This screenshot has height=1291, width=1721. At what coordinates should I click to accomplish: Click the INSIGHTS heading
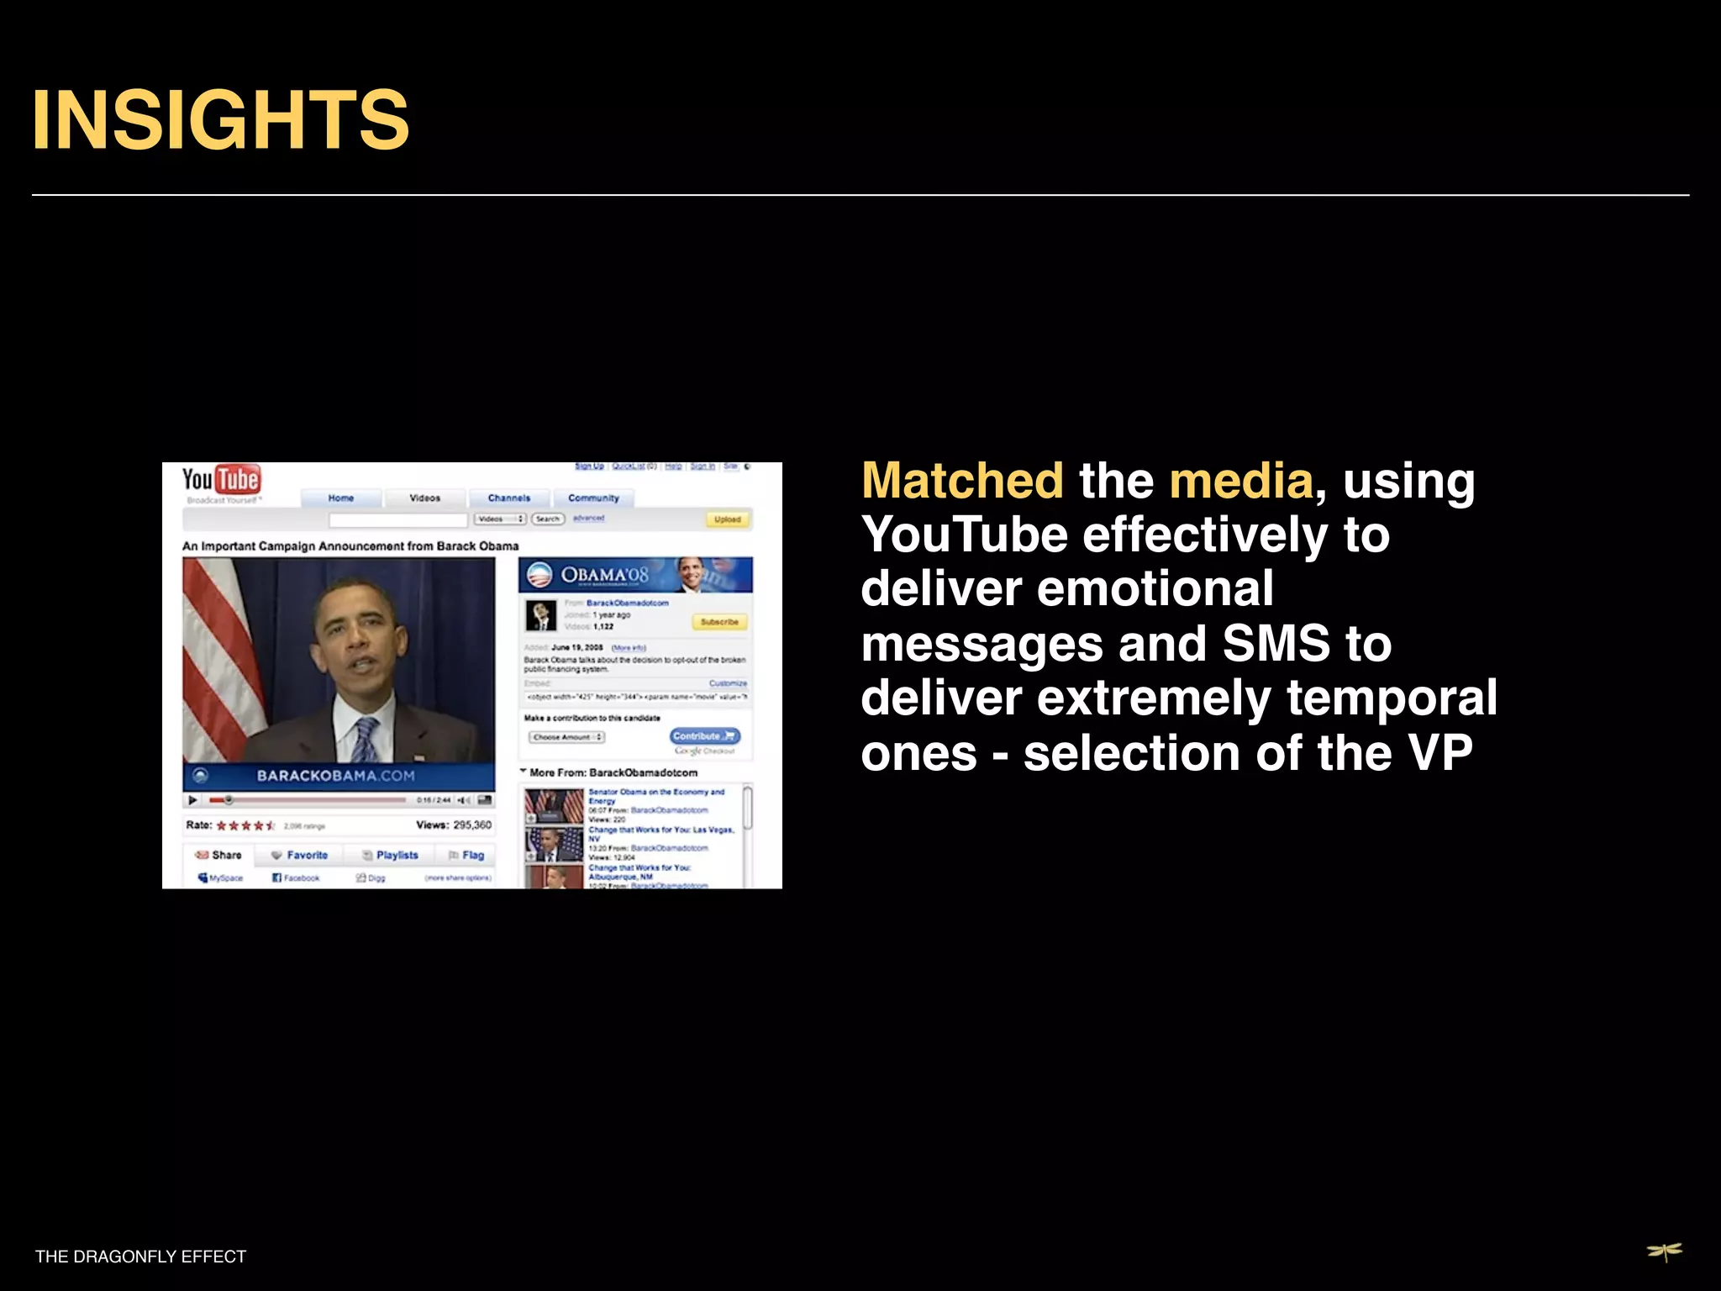(220, 120)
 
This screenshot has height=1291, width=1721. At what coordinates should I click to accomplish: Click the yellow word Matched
(962, 481)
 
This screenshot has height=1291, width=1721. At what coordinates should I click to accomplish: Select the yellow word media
(1240, 481)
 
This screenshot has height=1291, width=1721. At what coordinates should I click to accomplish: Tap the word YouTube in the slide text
(964, 535)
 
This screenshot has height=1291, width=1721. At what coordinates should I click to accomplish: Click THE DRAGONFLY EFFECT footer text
(140, 1257)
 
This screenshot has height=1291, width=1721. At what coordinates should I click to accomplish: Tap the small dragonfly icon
(1664, 1252)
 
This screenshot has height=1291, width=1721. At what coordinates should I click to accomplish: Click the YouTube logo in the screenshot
(221, 480)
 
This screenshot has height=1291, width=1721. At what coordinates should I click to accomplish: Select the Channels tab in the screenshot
(509, 498)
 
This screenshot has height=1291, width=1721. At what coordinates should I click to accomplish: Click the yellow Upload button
(727, 519)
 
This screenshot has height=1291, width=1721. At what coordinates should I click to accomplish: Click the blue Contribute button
(704, 735)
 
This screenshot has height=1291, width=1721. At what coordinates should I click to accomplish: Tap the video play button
(192, 800)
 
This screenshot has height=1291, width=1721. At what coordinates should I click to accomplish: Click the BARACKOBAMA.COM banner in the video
(336, 776)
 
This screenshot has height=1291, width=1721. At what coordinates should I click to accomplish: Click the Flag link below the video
(468, 855)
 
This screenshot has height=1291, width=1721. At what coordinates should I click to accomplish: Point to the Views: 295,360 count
(454, 825)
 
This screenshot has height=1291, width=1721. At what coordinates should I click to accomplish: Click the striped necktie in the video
(365, 740)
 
